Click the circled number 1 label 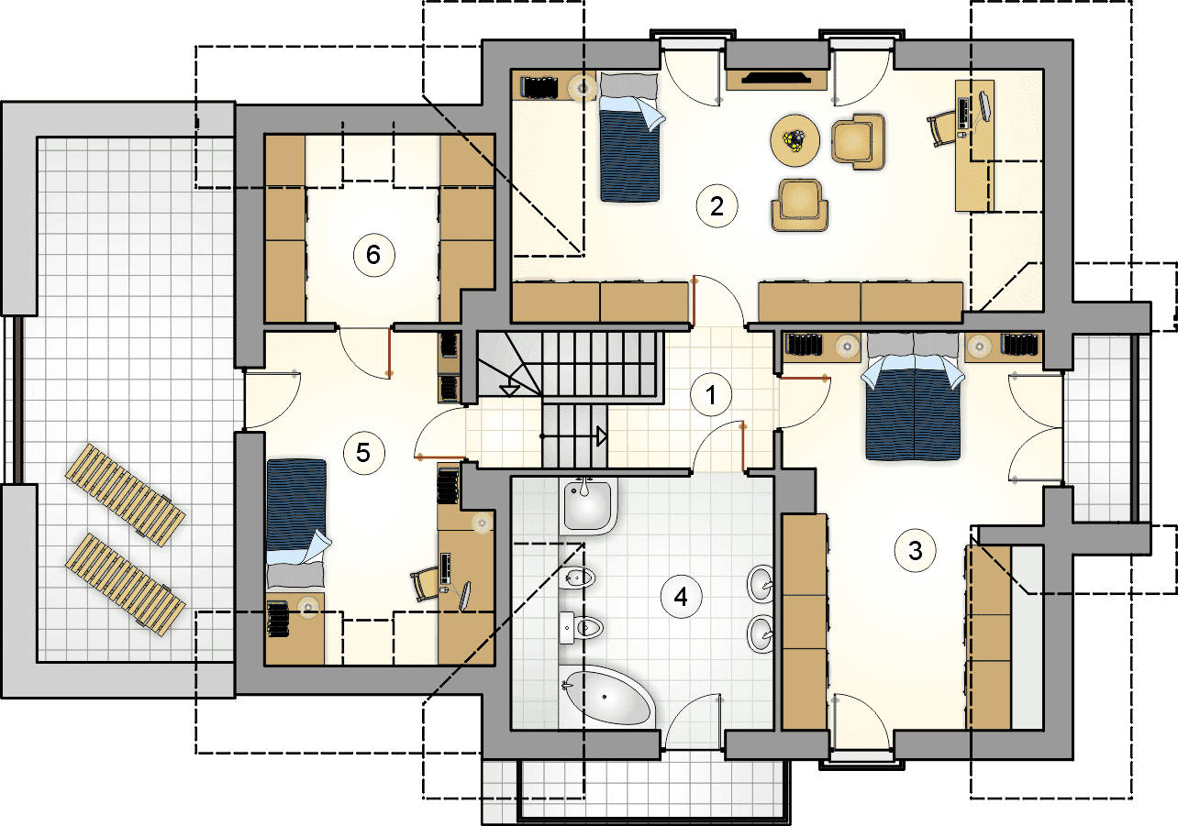pyautogui.click(x=710, y=394)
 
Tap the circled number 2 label pyautogui.click(x=717, y=206)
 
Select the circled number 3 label pyautogui.click(x=915, y=551)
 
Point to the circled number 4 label pyautogui.click(x=681, y=597)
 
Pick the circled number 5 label pyautogui.click(x=363, y=453)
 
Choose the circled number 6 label pyautogui.click(x=373, y=255)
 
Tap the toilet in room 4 pyautogui.click(x=581, y=627)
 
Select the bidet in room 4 pyautogui.click(x=577, y=578)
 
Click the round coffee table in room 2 pyautogui.click(x=795, y=140)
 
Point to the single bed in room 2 pyautogui.click(x=630, y=138)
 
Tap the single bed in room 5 pyautogui.click(x=296, y=523)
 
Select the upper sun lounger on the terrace pyautogui.click(x=125, y=495)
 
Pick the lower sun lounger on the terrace pyautogui.click(x=125, y=585)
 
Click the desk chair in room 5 pyautogui.click(x=425, y=583)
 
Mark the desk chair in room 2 pyautogui.click(x=941, y=128)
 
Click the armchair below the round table pyautogui.click(x=799, y=205)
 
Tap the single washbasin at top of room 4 pyautogui.click(x=588, y=505)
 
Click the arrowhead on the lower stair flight pyautogui.click(x=602, y=436)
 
